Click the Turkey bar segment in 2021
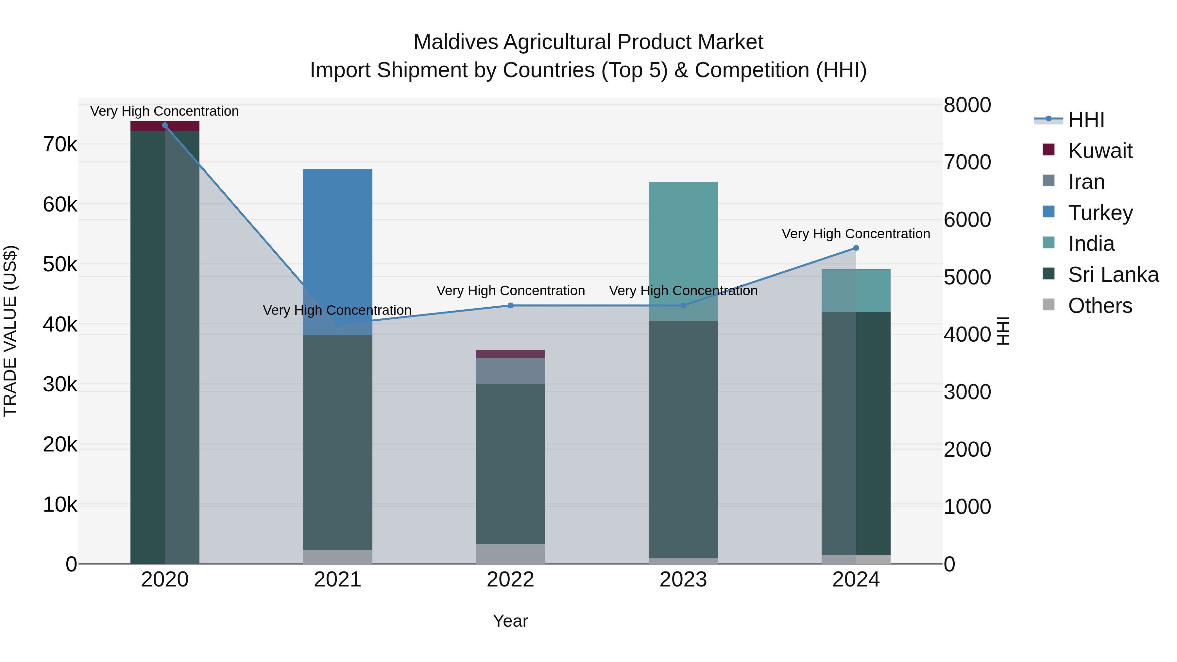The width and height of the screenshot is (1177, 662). tap(338, 238)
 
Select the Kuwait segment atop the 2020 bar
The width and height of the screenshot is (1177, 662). tap(165, 126)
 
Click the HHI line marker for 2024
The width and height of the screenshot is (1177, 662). tap(856, 248)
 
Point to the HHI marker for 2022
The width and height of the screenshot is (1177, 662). tap(510, 306)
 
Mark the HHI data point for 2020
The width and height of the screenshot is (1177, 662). tap(165, 125)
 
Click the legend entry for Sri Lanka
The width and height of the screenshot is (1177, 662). tap(1113, 275)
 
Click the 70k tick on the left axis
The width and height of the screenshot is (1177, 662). tap(60, 145)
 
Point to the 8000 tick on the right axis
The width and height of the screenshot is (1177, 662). tap(967, 105)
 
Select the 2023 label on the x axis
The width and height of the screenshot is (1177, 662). tap(683, 580)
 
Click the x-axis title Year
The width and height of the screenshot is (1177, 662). tap(510, 621)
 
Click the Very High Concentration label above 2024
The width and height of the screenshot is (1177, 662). tap(856, 234)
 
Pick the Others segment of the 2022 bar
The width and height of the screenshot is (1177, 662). tap(510, 554)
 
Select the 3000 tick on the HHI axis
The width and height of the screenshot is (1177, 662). tap(967, 392)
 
